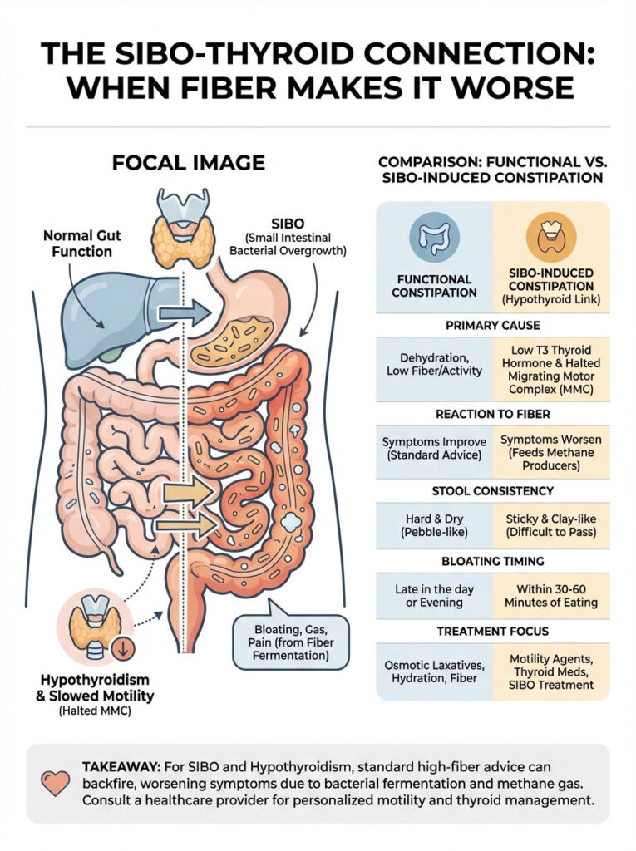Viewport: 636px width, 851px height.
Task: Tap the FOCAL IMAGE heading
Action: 189,162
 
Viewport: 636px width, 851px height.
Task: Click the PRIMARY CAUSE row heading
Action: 493,325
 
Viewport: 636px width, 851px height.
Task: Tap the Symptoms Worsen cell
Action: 551,450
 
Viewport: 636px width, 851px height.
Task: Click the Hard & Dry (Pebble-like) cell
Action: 434,525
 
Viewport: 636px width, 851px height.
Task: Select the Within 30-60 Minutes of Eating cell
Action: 551,595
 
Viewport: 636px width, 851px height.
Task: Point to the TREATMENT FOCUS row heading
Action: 493,632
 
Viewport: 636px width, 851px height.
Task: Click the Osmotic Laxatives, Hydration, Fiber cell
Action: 434,671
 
